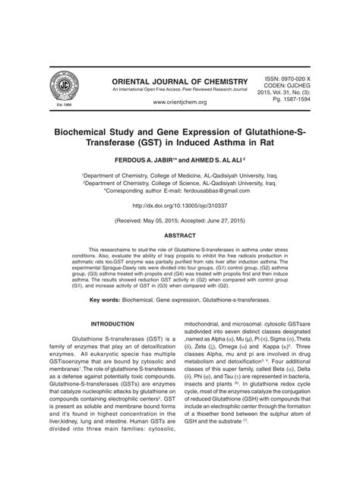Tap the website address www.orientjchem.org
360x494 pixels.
pyautogui.click(x=179, y=102)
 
